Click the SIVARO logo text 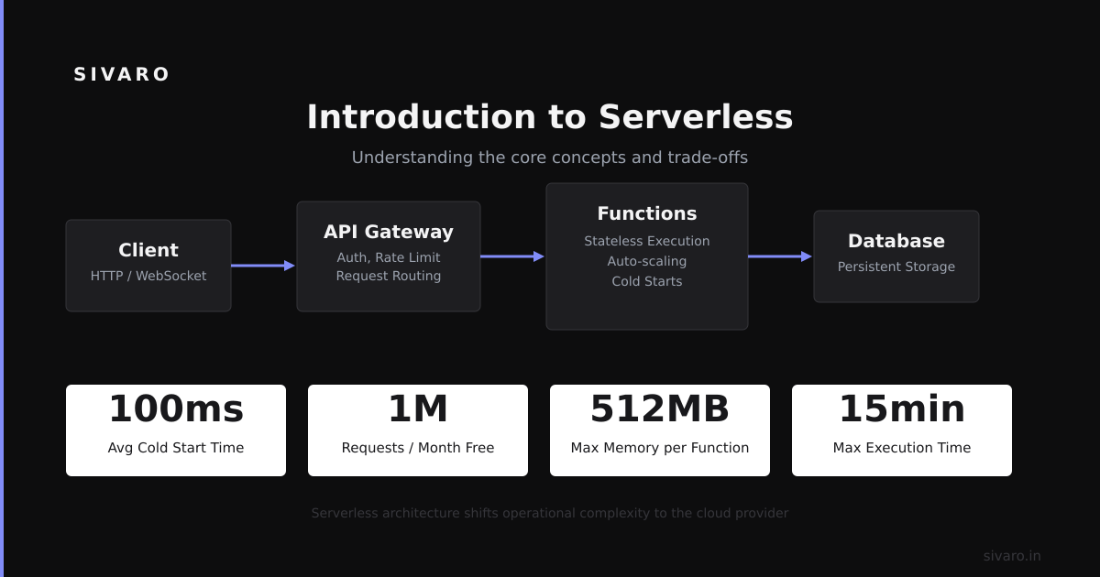[x=121, y=74]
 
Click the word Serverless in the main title [x=696, y=117]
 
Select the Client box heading [x=148, y=250]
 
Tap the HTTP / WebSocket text [x=148, y=276]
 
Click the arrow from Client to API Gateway [x=263, y=266]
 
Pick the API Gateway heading [x=389, y=232]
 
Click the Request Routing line [x=389, y=276]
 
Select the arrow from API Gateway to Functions [x=512, y=256]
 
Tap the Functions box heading [x=647, y=213]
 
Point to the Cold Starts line [x=647, y=281]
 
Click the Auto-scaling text [x=647, y=261]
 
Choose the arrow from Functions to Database [x=780, y=256]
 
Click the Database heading [x=896, y=241]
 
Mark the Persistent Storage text [x=896, y=267]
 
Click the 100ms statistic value [x=176, y=408]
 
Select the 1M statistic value [x=418, y=408]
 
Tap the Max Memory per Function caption [x=659, y=448]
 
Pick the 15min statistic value [x=902, y=408]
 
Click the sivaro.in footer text [x=1012, y=556]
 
